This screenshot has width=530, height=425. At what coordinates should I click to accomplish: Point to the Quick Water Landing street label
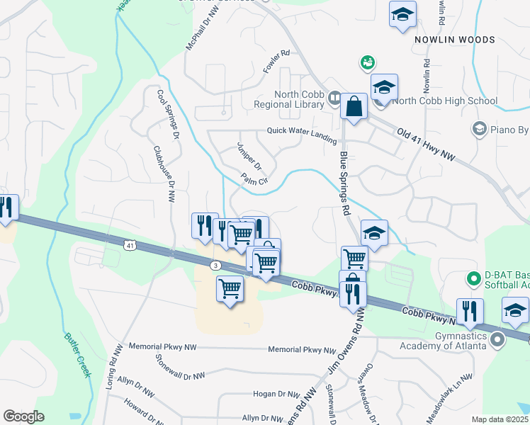point(301,131)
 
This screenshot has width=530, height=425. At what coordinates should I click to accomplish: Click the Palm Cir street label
point(253,180)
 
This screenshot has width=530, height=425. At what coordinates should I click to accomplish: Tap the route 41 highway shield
point(128,246)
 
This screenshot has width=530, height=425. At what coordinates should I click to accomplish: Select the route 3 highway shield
point(215,265)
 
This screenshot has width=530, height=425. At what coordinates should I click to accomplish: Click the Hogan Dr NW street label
point(276,394)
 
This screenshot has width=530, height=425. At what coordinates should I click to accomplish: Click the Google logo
point(23,416)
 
